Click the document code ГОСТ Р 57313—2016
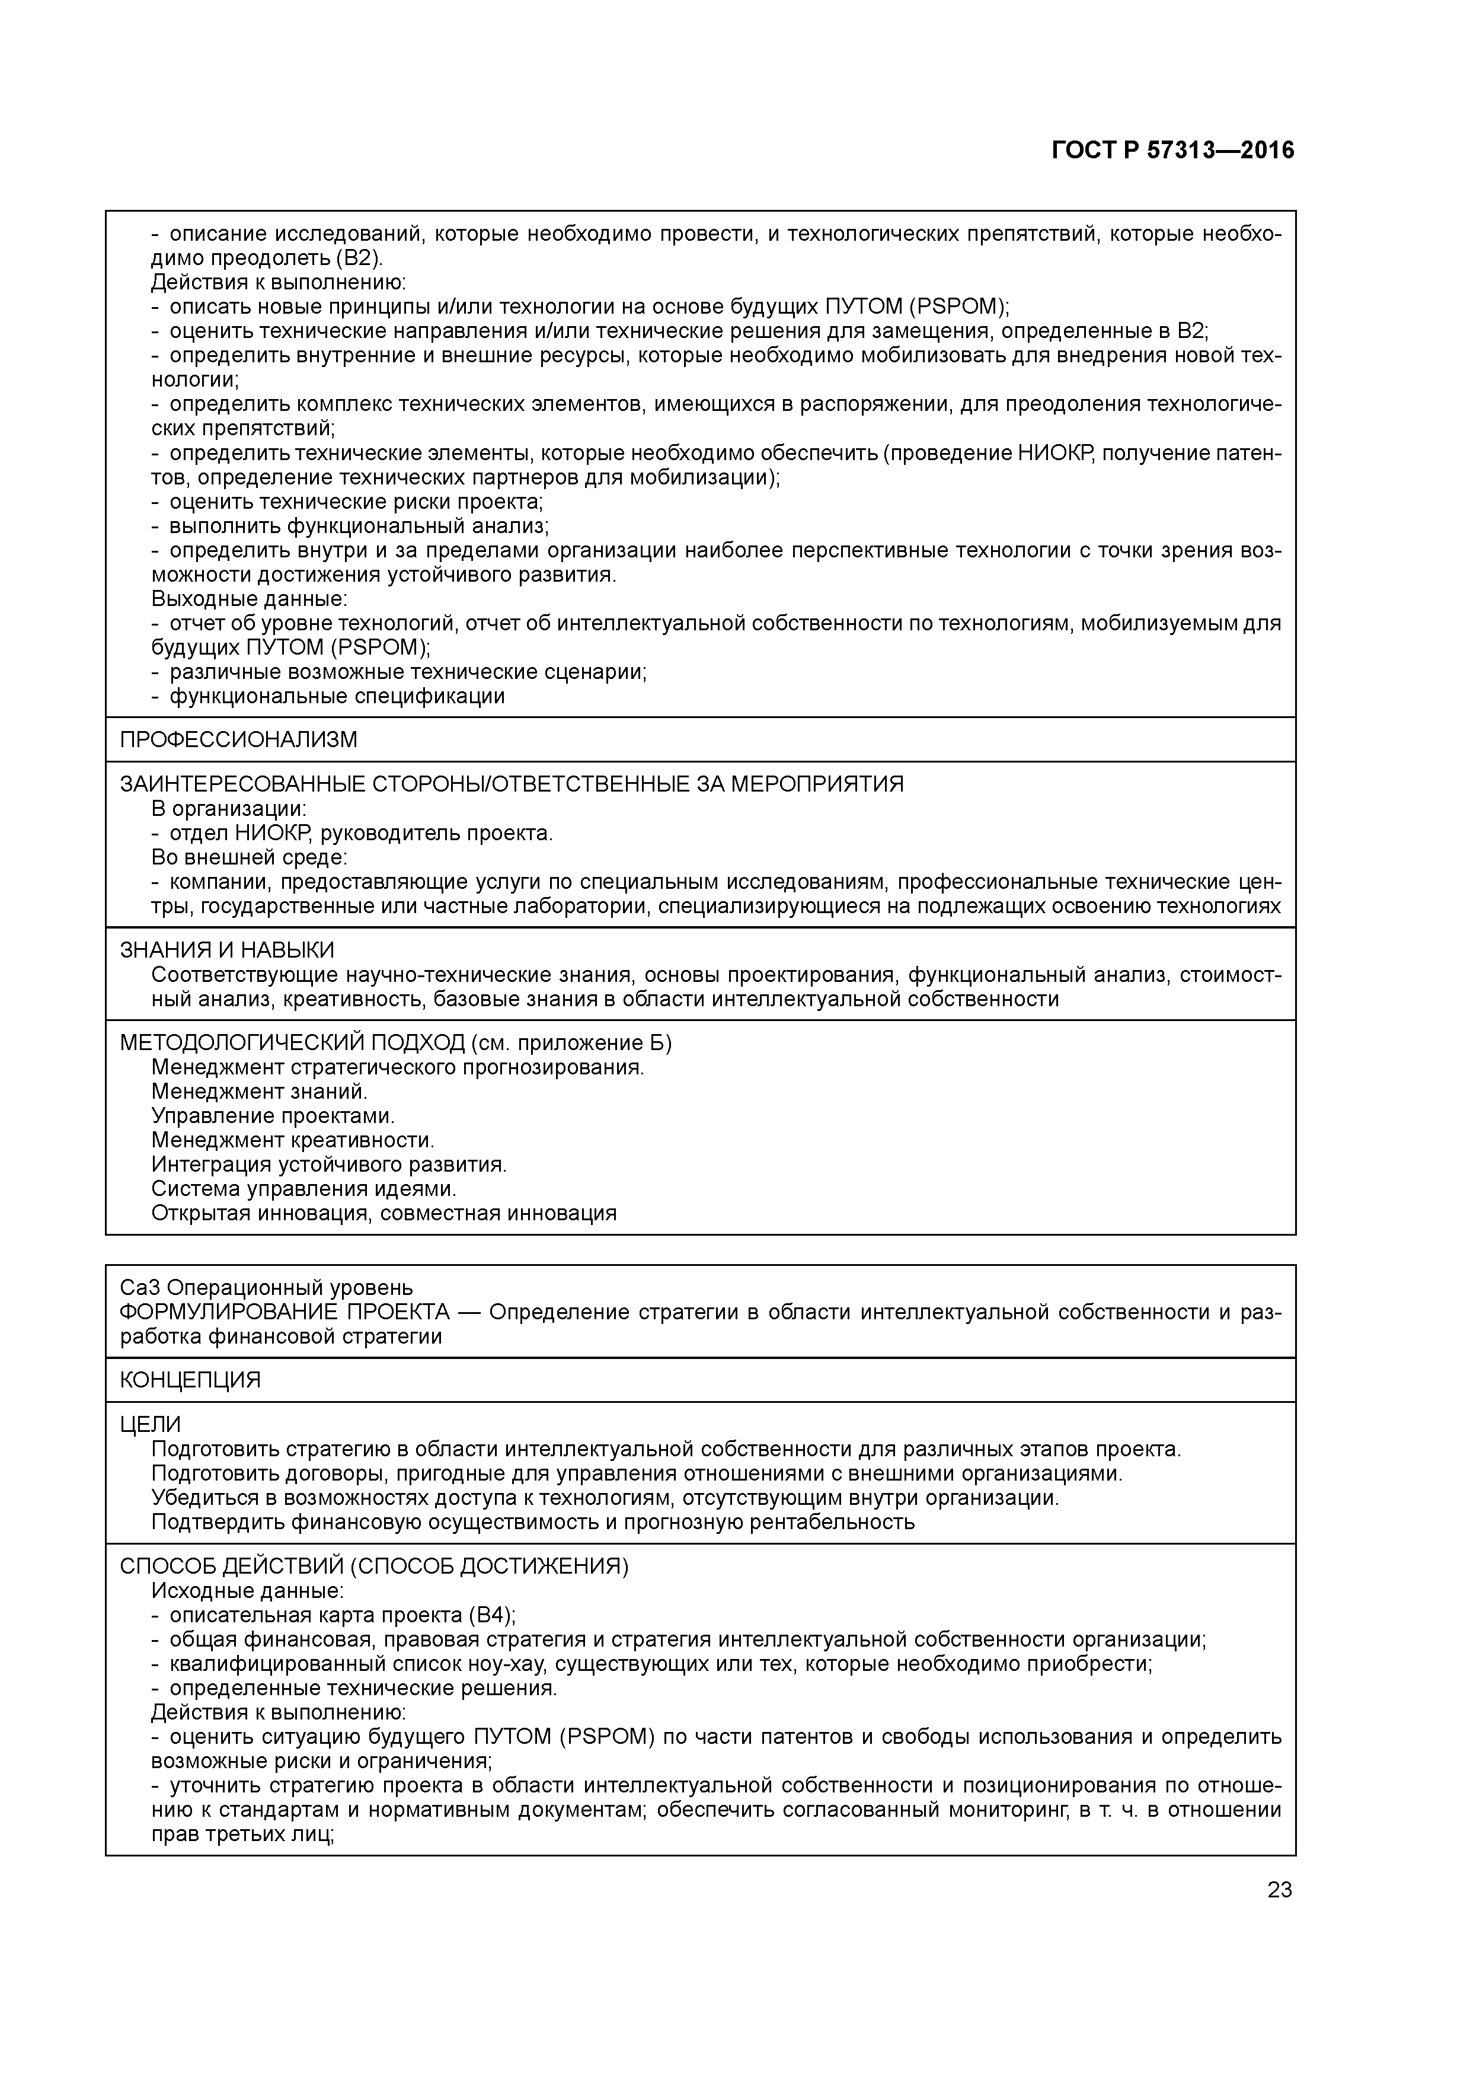click(1173, 151)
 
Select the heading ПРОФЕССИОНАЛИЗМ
click(238, 739)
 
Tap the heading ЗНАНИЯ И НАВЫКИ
click(226, 949)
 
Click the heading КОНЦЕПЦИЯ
click(190, 1380)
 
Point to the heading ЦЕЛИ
click(151, 1424)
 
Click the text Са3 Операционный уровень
click(266, 1287)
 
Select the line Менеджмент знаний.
click(259, 1092)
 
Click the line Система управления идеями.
click(303, 1189)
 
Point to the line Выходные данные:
click(249, 599)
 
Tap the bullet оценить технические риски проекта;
click(356, 501)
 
